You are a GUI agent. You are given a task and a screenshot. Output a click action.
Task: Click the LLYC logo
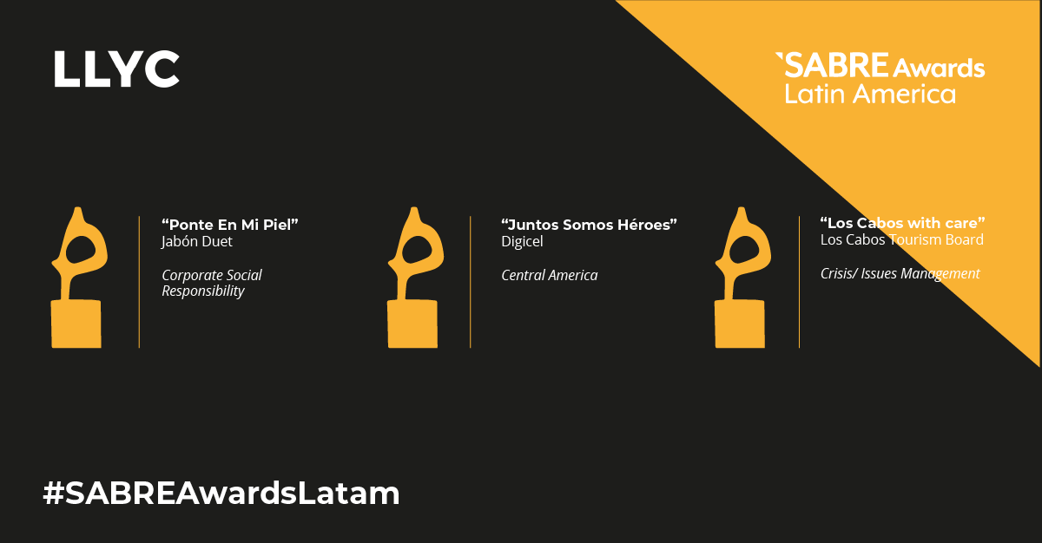[116, 69]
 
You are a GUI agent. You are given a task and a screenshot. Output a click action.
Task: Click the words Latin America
[870, 94]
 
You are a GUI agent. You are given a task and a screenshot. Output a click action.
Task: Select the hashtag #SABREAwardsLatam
[221, 494]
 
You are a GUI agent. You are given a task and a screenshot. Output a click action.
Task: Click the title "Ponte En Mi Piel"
[230, 225]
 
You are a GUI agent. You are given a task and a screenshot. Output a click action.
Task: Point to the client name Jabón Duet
[197, 241]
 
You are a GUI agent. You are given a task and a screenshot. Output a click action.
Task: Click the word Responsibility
[203, 291]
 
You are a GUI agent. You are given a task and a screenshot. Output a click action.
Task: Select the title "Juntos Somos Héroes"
[589, 225]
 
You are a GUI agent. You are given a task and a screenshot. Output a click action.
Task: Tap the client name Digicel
[522, 241]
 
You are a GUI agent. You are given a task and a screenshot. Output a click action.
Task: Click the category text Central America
[550, 276]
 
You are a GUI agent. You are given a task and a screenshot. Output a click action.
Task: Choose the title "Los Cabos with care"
[902, 223]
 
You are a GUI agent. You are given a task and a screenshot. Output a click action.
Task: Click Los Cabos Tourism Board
[902, 239]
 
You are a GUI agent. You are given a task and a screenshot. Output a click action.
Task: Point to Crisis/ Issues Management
[900, 273]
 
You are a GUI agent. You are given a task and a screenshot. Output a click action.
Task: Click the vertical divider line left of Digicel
[471, 282]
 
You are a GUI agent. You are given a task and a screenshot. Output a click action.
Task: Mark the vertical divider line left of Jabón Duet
[139, 282]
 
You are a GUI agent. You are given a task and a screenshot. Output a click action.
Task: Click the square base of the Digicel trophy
[412, 324]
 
